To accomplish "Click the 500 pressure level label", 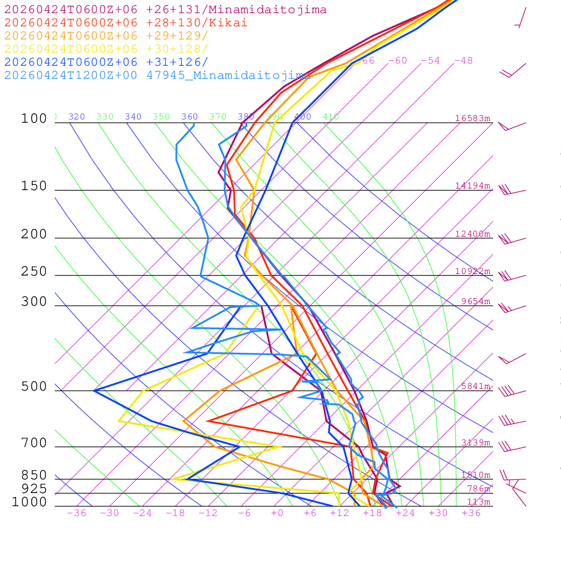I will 34,387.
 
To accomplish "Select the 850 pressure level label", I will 34,475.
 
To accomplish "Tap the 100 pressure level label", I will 34,118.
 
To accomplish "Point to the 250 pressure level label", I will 34,272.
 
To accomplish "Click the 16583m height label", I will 473,118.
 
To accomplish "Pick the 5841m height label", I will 476,386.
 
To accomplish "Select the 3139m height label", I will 476,443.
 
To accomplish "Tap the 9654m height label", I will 476,301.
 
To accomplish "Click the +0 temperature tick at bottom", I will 277,513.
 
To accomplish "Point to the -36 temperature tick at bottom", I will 77,513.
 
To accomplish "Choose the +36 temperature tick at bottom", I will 471,513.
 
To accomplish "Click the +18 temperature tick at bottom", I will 373,513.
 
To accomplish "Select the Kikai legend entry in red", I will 126,23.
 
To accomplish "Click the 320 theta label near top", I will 77,117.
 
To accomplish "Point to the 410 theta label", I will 331,117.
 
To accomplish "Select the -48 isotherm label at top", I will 463,60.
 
